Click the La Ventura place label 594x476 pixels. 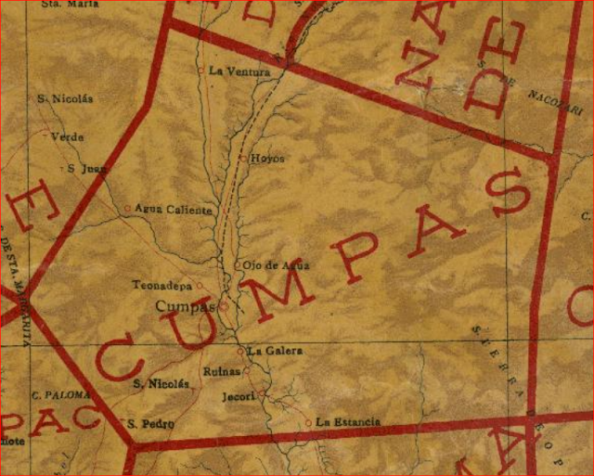239,71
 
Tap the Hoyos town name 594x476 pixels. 267,159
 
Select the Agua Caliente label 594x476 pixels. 174,210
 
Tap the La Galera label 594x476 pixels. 270,351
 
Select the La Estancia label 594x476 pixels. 348,423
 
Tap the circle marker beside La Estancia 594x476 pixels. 309,423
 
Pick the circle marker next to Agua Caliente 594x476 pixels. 128,209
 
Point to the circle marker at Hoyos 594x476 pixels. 243,159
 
